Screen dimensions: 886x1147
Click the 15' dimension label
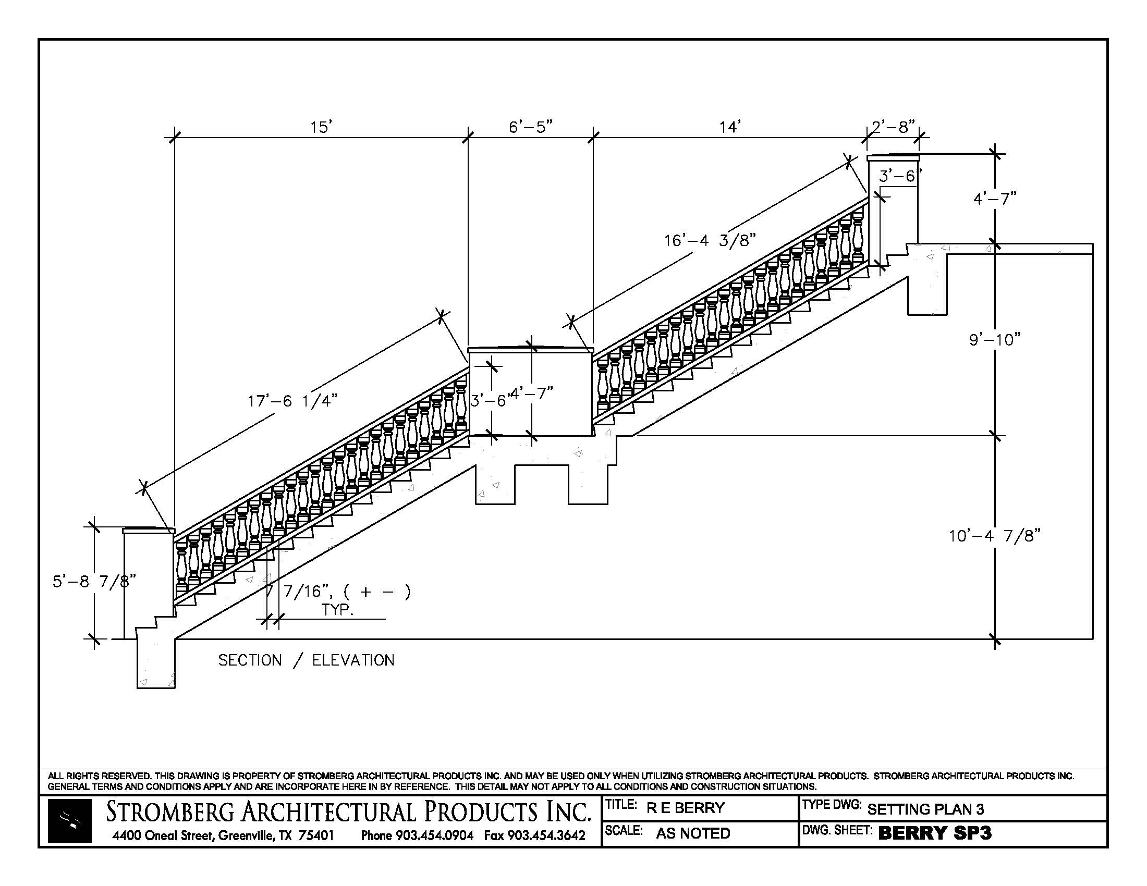(321, 127)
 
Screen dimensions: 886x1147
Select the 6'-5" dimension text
(530, 127)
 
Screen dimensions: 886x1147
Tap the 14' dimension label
(730, 127)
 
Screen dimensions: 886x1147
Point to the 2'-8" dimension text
(893, 127)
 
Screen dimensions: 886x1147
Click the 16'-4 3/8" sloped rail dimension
(710, 240)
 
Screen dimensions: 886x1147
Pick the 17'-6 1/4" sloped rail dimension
(292, 401)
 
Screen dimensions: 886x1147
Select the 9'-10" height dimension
(995, 340)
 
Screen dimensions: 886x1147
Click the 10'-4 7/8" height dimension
(995, 536)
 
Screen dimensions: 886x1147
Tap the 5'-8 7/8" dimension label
(94, 581)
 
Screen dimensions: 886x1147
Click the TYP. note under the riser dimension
(337, 610)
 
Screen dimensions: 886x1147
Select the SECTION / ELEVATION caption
(306, 660)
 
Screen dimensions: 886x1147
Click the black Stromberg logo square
(70, 820)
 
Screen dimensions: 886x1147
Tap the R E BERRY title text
(686, 808)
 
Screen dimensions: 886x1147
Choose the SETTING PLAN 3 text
(925, 809)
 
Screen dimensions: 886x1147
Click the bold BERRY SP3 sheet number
(935, 833)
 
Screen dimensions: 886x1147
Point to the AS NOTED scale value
(693, 833)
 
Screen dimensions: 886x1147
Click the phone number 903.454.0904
(434, 835)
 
